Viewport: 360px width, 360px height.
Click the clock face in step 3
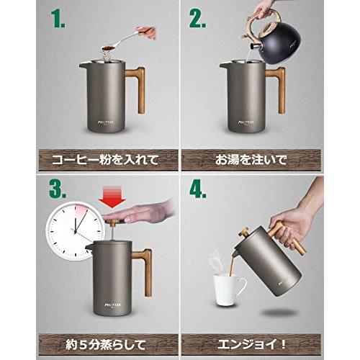(76, 230)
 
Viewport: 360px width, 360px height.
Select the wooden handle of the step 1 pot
(136, 89)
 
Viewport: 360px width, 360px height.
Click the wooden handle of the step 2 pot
(276, 89)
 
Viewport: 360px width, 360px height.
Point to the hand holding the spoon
(147, 32)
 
